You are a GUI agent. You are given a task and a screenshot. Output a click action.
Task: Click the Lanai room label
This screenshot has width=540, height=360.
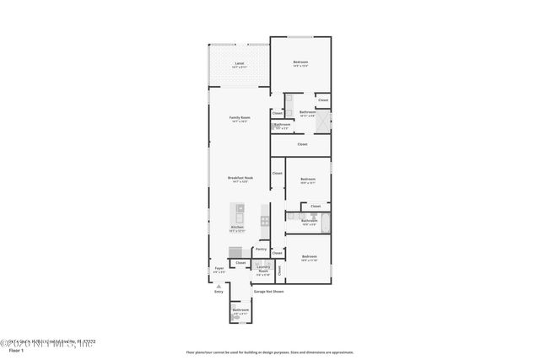pos(240,64)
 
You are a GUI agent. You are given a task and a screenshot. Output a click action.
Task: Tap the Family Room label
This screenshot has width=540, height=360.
pos(240,118)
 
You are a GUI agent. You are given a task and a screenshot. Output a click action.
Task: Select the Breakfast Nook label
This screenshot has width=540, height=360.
pos(240,179)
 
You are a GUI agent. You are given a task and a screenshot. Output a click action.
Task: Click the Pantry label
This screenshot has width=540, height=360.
pos(262,250)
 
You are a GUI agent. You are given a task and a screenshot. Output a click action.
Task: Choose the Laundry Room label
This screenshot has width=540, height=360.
pos(263,269)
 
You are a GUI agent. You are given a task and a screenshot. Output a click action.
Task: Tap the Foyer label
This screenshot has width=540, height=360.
pos(219,270)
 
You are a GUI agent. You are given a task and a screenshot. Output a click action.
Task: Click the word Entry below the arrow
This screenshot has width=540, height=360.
pos(219,292)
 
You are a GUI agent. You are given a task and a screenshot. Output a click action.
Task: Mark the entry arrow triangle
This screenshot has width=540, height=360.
pos(219,286)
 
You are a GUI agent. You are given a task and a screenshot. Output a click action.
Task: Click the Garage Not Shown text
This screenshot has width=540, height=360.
pos(269,292)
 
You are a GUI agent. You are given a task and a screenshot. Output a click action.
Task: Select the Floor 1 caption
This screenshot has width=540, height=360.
pos(11,349)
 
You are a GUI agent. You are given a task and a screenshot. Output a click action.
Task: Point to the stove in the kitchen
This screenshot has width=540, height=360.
pos(266,220)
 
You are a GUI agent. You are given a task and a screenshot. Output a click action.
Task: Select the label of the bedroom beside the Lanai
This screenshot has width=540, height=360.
pos(300,63)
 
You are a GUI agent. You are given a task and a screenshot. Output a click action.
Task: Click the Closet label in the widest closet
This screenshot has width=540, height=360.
pos(301,144)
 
